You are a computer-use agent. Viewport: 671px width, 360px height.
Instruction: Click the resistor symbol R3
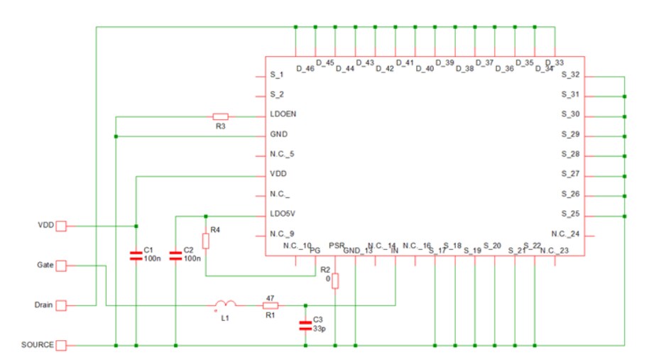tap(220, 116)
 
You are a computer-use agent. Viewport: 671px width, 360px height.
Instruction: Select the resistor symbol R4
tap(205, 241)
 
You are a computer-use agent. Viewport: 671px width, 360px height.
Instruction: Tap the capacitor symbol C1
tap(136, 256)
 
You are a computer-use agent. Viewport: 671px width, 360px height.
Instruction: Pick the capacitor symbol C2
tap(175, 256)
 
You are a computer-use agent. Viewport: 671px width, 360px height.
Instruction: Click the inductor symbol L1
tap(225, 305)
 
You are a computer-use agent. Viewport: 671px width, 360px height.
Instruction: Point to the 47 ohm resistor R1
tap(271, 305)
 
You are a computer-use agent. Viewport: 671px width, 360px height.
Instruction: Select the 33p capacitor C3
tap(305, 326)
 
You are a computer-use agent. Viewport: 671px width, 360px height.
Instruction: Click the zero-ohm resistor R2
tap(335, 281)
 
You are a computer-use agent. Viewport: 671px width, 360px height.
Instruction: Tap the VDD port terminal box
tap(61, 226)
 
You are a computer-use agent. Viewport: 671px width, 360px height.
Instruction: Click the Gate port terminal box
tap(61, 266)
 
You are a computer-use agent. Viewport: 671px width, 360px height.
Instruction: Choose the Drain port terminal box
tap(61, 305)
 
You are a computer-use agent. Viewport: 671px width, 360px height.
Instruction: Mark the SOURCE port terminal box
tap(61, 345)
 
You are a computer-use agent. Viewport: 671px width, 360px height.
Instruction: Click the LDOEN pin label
tap(283, 114)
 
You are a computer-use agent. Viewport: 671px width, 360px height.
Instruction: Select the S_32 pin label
tap(570, 75)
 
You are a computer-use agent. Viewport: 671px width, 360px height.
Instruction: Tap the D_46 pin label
tap(305, 69)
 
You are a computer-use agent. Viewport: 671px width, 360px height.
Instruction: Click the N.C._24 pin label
tap(566, 234)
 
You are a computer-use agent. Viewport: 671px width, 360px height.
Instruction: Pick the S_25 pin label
tap(570, 214)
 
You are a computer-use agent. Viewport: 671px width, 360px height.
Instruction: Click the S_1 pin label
tap(277, 75)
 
